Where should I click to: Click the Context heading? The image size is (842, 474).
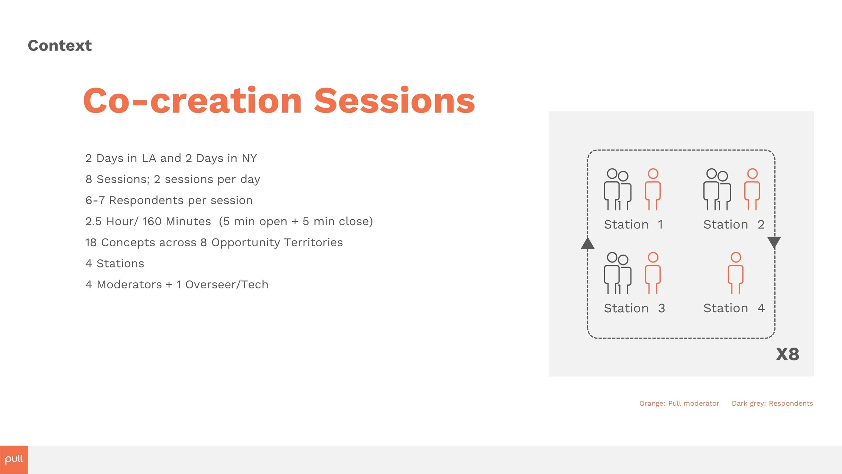tap(60, 45)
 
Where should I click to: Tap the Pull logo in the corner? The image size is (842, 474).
tap(14, 460)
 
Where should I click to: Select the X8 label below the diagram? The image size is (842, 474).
tap(787, 354)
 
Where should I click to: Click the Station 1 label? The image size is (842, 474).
tap(634, 224)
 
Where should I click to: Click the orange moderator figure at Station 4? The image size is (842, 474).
tap(736, 273)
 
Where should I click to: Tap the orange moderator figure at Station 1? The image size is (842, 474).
tap(653, 189)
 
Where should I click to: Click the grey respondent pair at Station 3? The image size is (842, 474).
tap(617, 273)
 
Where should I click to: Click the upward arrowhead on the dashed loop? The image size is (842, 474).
tap(588, 243)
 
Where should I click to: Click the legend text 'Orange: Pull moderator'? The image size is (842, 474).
tap(679, 404)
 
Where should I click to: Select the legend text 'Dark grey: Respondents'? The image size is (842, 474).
tap(772, 404)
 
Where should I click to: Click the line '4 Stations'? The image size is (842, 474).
tap(115, 263)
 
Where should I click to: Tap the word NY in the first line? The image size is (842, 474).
tap(249, 158)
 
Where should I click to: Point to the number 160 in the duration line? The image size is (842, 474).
tap(152, 221)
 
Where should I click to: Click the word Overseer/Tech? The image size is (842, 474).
tap(227, 285)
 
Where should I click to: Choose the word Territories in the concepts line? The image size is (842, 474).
tap(313, 243)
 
